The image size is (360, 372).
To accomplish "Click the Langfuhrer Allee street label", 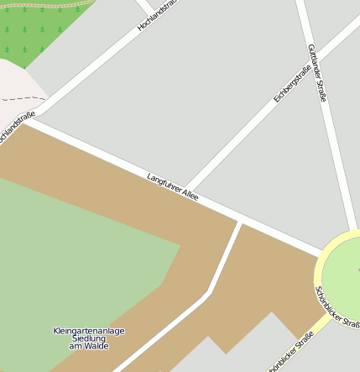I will pos(173,187).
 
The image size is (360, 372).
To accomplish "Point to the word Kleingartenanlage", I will pos(88,331).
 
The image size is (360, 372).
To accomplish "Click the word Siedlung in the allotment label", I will pos(87,338).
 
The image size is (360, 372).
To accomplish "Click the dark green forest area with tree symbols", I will pos(38,29).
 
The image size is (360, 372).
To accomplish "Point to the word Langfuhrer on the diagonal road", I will pos(164,183).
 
